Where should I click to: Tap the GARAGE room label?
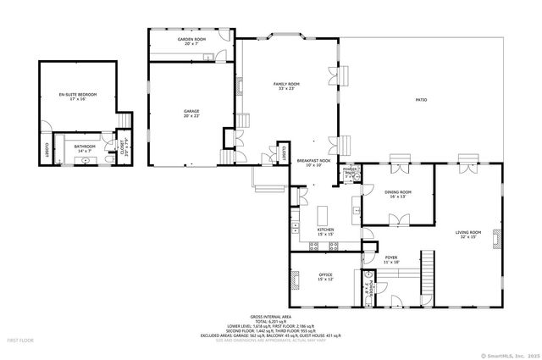pos(192,111)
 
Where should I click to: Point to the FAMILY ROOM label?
pos(287,85)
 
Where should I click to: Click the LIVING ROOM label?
pos(468,234)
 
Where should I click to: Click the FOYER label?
pos(390,259)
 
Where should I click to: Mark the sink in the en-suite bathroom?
pos(63,158)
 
